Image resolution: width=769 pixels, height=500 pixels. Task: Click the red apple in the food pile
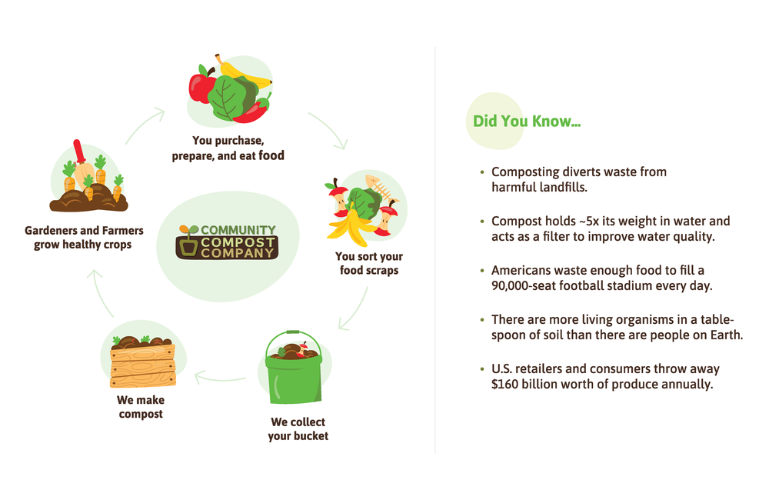pyautogui.click(x=201, y=87)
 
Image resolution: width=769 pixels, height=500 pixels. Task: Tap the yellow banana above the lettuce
pyautogui.click(x=245, y=74)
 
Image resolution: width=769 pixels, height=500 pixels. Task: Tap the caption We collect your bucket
pyautogui.click(x=298, y=428)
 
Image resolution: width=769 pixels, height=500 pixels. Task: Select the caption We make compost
pyautogui.click(x=140, y=407)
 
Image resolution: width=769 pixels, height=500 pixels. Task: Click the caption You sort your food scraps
pyautogui.click(x=368, y=263)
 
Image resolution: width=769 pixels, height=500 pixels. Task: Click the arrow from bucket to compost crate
pyautogui.click(x=220, y=377)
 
